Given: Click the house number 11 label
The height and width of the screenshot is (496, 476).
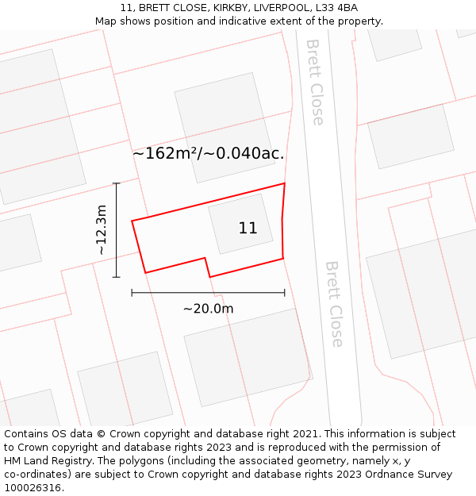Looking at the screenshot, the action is pyautogui.click(x=248, y=229).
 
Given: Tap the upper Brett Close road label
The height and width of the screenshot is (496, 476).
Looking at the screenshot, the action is pyautogui.click(x=315, y=82).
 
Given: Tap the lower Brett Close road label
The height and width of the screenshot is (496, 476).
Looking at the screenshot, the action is pyautogui.click(x=335, y=304).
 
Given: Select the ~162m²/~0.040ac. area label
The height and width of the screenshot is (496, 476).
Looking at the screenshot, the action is pyautogui.click(x=208, y=153).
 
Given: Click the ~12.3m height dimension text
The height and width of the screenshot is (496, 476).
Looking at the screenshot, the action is pyautogui.click(x=101, y=230).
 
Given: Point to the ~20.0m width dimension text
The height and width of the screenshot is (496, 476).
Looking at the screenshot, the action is pyautogui.click(x=208, y=309).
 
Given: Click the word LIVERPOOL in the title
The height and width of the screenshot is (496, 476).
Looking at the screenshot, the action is pyautogui.click(x=283, y=8).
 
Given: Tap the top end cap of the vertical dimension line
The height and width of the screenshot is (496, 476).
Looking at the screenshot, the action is pyautogui.click(x=117, y=183).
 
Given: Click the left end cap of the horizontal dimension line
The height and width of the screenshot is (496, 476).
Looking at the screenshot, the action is pyautogui.click(x=132, y=293).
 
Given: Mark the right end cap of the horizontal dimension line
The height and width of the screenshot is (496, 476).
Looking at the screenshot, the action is pyautogui.click(x=284, y=293).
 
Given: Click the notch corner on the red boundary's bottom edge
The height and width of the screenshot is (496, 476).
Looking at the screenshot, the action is pyautogui.click(x=205, y=258).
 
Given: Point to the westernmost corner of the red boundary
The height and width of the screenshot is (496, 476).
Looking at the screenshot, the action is pyautogui.click(x=132, y=221).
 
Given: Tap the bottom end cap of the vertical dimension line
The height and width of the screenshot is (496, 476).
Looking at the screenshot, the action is pyautogui.click(x=117, y=277).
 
